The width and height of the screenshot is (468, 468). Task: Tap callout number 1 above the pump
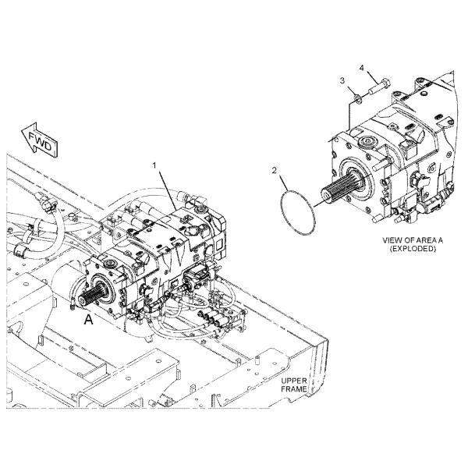tap(154, 165)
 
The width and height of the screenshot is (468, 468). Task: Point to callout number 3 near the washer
tap(341, 80)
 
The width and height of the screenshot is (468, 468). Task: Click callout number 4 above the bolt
tap(361, 69)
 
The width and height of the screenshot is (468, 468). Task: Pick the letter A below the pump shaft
tap(88, 319)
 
